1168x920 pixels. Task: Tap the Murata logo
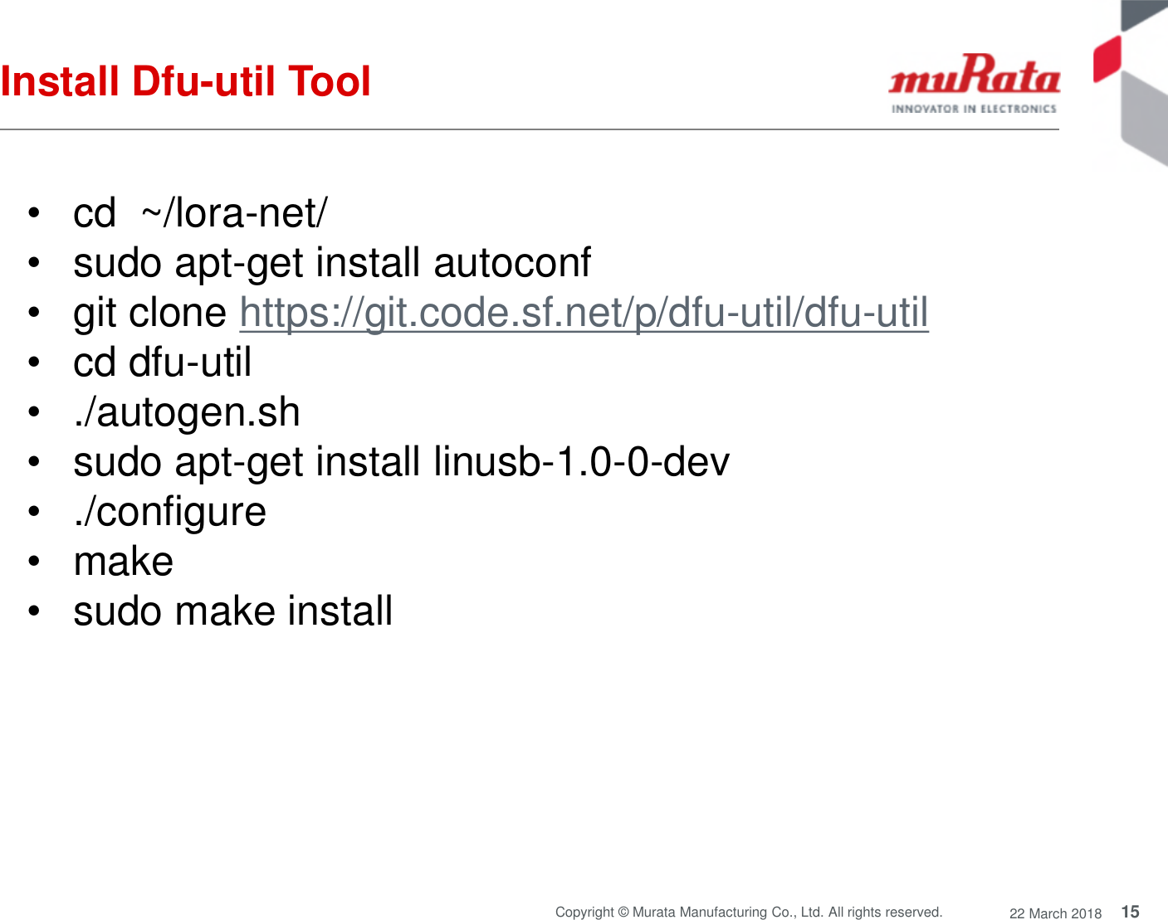tap(974, 76)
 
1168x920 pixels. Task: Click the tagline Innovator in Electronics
tap(974, 109)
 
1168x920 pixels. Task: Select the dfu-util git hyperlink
tap(584, 313)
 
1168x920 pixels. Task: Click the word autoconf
tap(512, 263)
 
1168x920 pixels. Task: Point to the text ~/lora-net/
tap(234, 213)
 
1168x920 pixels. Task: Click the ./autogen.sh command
tap(187, 412)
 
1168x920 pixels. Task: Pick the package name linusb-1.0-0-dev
tap(581, 462)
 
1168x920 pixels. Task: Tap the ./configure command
tap(170, 512)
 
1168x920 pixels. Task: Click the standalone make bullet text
tap(124, 562)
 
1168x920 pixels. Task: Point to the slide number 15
tap(1130, 912)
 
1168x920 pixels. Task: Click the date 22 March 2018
tap(1055, 913)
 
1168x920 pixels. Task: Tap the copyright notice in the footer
tap(748, 912)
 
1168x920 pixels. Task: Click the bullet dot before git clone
tap(33, 313)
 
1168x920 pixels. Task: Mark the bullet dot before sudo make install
tap(33, 611)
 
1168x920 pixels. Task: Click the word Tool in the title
tap(329, 81)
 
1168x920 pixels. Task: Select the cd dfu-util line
tap(162, 363)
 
